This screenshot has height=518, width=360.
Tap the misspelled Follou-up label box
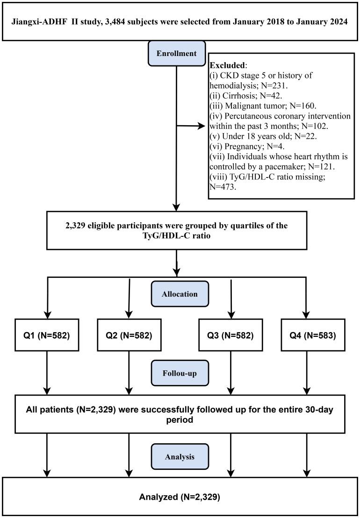177,374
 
